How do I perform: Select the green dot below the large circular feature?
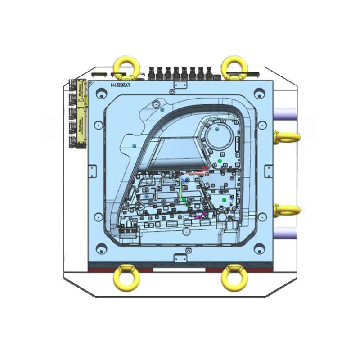[x=220, y=161]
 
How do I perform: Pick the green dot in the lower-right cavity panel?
[x=224, y=199]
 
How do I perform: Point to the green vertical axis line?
[x=181, y=189]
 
